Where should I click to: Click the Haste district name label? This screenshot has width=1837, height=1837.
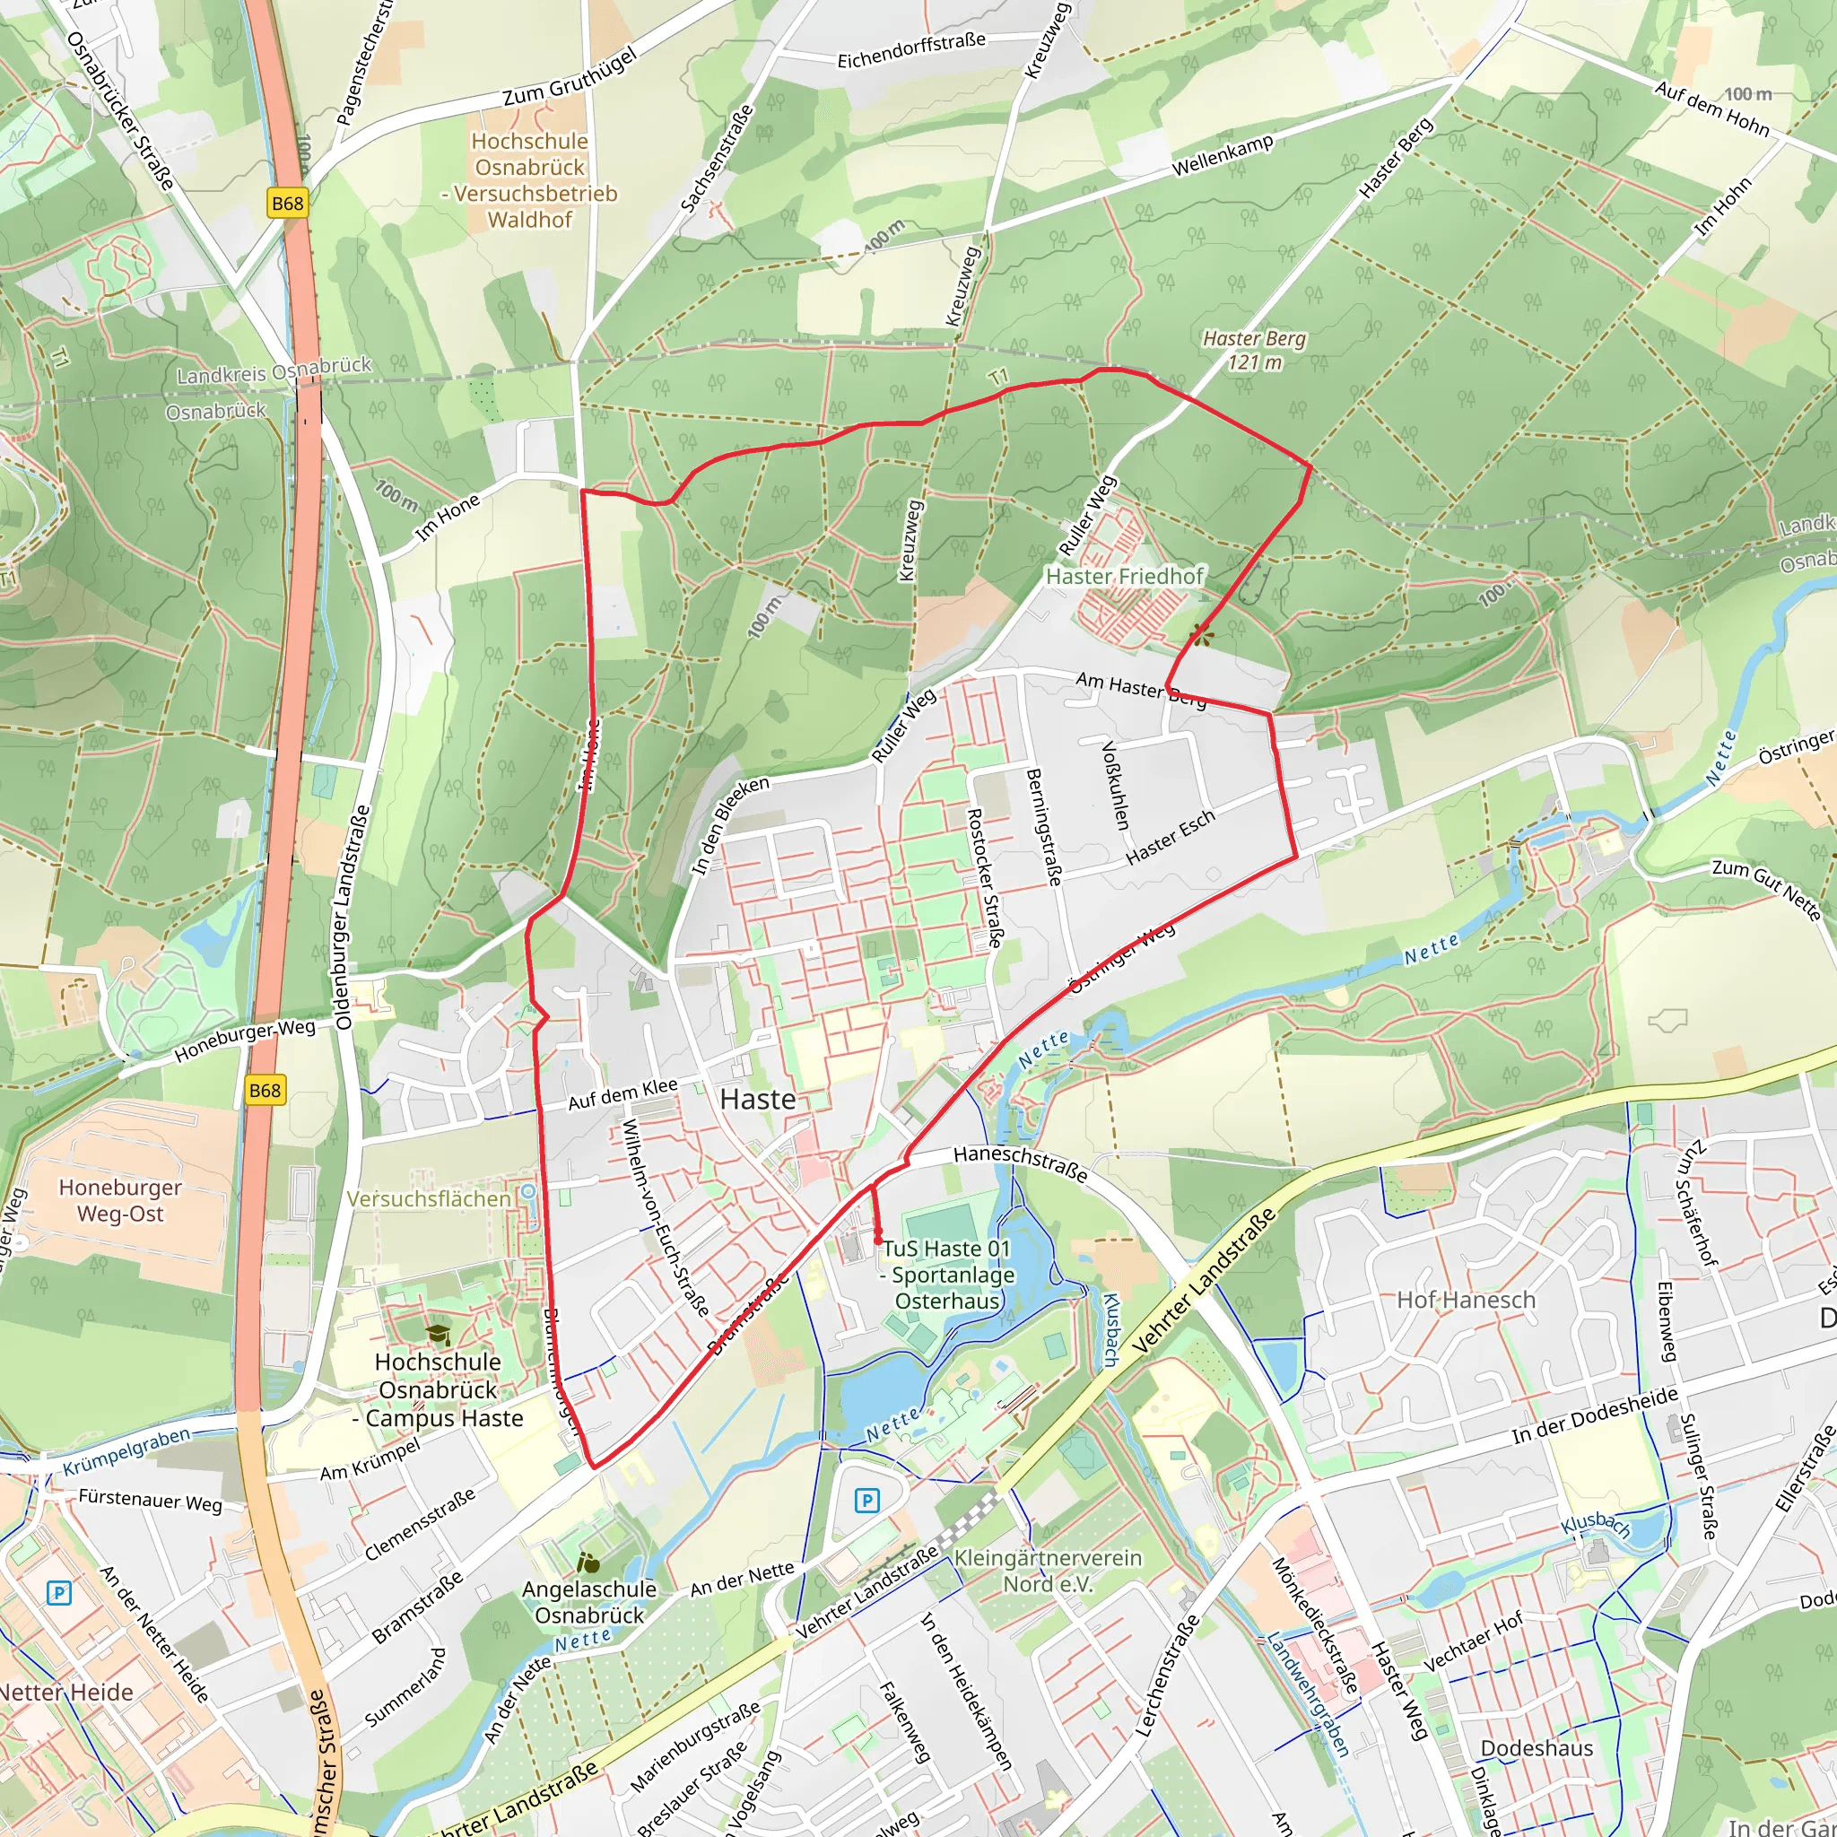pos(757,1099)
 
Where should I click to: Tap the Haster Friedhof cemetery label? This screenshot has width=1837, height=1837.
pos(1125,576)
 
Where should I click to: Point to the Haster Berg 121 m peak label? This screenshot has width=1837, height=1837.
pos(1254,350)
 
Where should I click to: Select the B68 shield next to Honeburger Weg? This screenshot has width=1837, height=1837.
pos(265,1090)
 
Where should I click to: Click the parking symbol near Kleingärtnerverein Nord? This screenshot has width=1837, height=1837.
pos(866,1501)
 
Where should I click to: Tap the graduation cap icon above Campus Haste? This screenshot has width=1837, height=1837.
pos(438,1335)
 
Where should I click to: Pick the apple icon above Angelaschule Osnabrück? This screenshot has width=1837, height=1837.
pos(588,1563)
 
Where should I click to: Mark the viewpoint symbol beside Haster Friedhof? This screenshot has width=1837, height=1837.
pos(1201,635)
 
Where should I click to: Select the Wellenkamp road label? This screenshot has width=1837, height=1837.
pos(1222,155)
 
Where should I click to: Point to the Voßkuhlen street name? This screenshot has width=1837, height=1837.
pos(1115,785)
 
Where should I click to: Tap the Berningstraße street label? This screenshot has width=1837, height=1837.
pos(1043,826)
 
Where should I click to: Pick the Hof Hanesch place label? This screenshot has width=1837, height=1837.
pos(1466,1300)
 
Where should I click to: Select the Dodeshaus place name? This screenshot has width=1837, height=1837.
pos(1537,1747)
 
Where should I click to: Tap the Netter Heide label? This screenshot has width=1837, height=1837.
pos(66,1692)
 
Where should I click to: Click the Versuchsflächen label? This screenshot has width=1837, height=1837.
pos(428,1199)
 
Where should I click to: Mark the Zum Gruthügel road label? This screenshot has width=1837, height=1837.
pos(570,77)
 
